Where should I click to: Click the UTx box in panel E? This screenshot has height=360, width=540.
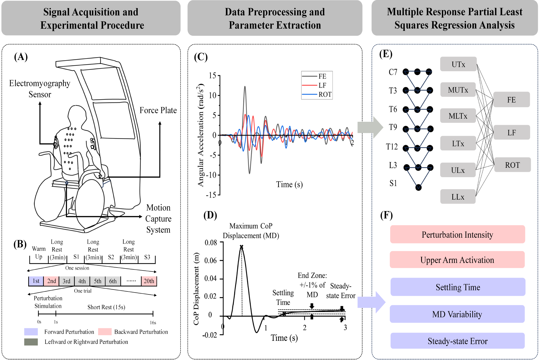coord(458,64)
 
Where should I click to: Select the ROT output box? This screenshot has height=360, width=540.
coord(512,165)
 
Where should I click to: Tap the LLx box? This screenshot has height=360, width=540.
coord(458,197)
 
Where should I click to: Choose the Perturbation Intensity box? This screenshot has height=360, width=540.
coord(457,234)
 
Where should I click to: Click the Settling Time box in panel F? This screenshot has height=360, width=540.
coord(458,287)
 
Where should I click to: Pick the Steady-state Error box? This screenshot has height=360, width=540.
coord(457,341)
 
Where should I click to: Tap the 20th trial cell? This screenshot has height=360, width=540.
coord(149,281)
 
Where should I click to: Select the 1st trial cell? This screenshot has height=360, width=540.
coord(36,281)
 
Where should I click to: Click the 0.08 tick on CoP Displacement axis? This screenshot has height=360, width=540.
coord(211,243)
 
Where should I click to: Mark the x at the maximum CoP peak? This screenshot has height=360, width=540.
coord(241,247)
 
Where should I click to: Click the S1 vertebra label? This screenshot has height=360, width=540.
coord(393,183)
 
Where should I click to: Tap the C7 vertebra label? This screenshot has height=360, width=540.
coord(393,72)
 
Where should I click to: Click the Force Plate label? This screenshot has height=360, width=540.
coord(158,110)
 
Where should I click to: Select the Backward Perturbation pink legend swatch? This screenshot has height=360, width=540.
coord(105,332)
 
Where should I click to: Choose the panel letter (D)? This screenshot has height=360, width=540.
coord(210,215)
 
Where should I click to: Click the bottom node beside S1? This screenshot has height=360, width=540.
coord(418,187)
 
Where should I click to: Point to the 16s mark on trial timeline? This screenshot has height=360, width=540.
coord(153,322)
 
